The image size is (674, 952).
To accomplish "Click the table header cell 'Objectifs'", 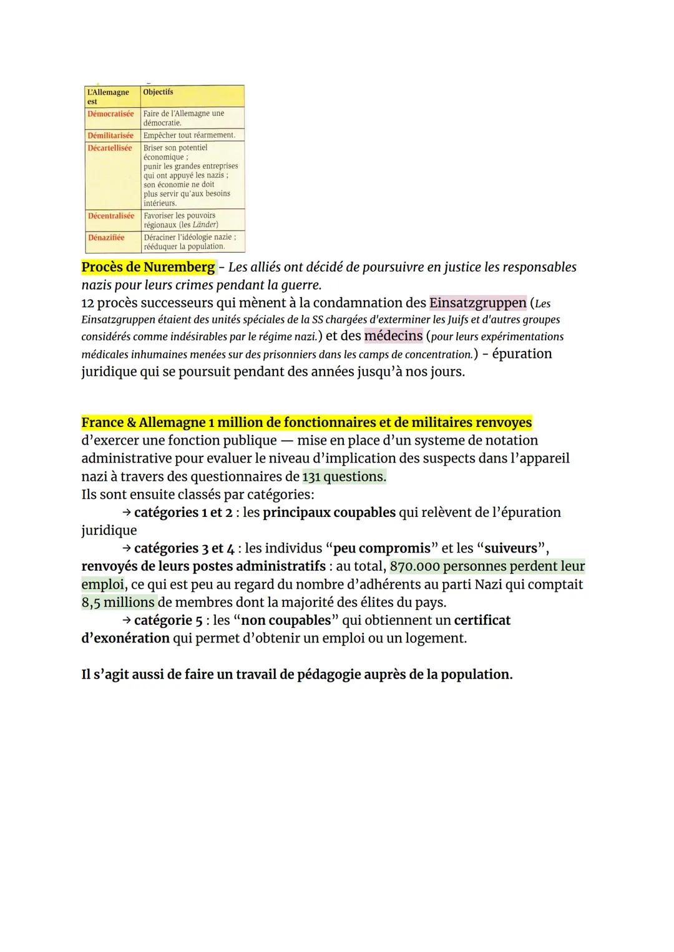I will pyautogui.click(x=158, y=92).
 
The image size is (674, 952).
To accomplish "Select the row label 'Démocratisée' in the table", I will pyautogui.click(x=110, y=114).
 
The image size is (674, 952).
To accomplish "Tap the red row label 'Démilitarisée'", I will pyautogui.click(x=110, y=135).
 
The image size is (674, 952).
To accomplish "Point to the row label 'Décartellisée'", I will pyautogui.click(x=110, y=148).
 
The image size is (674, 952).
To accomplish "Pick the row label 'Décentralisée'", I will pyautogui.click(x=111, y=216).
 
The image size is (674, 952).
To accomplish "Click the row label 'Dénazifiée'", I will pyautogui.click(x=106, y=238).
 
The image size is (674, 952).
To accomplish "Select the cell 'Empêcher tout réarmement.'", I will pyautogui.click(x=189, y=135).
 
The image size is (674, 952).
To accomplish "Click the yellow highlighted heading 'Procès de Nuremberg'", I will pyautogui.click(x=149, y=267).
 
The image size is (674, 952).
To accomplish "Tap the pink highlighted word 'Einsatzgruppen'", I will pyautogui.click(x=478, y=303).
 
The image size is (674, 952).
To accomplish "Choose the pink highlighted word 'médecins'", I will pyautogui.click(x=393, y=336).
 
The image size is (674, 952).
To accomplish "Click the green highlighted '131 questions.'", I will pyautogui.click(x=344, y=477).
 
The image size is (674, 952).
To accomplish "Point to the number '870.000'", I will pyautogui.click(x=414, y=566).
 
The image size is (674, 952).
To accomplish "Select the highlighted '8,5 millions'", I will pyautogui.click(x=118, y=602).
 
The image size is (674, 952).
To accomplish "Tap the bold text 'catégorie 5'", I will pyautogui.click(x=168, y=621).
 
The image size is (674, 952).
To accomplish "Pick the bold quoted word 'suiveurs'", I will pyautogui.click(x=510, y=549).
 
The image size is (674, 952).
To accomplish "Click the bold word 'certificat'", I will pyautogui.click(x=482, y=621).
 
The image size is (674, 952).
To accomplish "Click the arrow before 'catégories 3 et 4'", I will pyautogui.click(x=126, y=549).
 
